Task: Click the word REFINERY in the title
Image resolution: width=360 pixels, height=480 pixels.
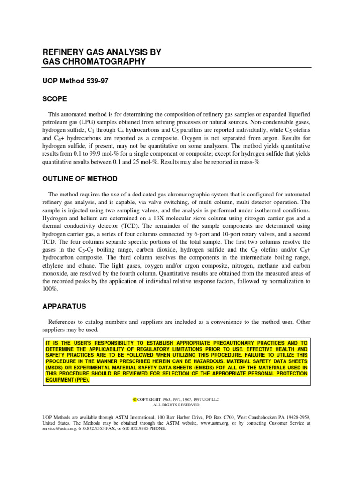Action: pyautogui.click(x=61, y=52)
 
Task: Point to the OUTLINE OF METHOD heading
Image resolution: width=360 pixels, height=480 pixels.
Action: pyautogui.click(x=80, y=179)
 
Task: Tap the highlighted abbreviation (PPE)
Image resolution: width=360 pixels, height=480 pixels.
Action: pyautogui.click(x=79, y=380)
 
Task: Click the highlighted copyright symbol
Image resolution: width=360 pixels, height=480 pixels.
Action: pyautogui.click(x=135, y=399)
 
